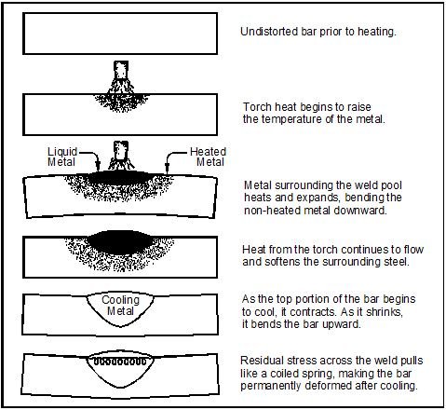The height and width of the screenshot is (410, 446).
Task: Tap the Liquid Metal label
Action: (x=61, y=157)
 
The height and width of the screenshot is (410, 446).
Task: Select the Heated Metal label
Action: (x=208, y=157)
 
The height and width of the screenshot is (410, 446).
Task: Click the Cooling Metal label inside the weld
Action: (x=120, y=306)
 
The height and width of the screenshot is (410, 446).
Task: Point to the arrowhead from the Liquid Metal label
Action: (x=98, y=167)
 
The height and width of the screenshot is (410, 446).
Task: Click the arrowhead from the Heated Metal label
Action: (x=167, y=167)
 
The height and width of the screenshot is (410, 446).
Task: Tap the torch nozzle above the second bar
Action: (x=121, y=70)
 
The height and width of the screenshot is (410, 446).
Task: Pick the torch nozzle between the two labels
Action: (x=121, y=150)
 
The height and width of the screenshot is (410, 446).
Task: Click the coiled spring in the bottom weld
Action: (x=120, y=362)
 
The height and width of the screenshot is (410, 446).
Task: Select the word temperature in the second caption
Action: (x=291, y=119)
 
